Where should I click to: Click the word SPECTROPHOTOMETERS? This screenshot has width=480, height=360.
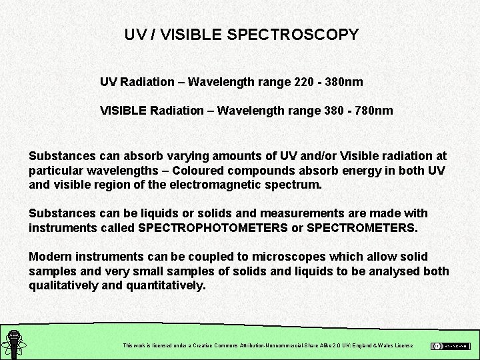click(208, 228)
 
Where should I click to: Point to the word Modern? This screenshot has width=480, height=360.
click(49, 257)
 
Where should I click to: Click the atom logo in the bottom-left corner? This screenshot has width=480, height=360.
click(13, 344)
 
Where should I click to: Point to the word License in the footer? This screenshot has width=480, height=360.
click(403, 346)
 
